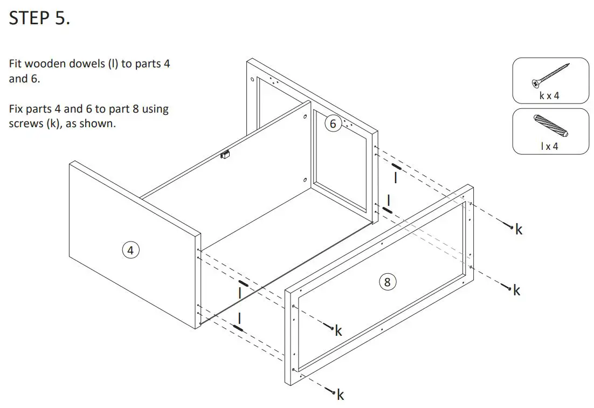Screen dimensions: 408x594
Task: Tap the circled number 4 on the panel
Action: coord(130,250)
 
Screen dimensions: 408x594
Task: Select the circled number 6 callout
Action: coord(333,124)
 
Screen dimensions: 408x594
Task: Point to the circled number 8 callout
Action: coord(387,281)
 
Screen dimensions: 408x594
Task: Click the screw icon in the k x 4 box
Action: coord(550,75)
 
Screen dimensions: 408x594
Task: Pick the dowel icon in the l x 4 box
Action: coord(550,126)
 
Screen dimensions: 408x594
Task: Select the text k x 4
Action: coord(549,95)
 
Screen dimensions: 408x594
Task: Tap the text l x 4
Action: coord(549,146)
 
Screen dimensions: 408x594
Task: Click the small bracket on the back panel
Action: coord(225,155)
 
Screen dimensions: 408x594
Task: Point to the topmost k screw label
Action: coord(519,230)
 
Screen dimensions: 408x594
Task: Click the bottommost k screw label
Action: coord(340,396)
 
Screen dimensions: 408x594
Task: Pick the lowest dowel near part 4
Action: coord(238,327)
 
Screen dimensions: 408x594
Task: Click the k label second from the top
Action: coord(516,291)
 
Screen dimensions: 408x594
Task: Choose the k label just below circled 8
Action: coord(338,331)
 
